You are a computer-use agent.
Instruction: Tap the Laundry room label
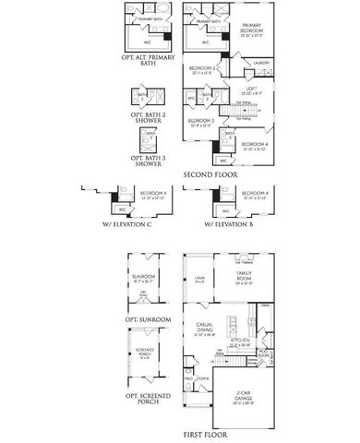[261, 63]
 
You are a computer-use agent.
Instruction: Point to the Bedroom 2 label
[203, 69]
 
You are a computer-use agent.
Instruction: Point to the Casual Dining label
[205, 328]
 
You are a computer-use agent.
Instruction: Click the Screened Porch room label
[143, 353]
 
